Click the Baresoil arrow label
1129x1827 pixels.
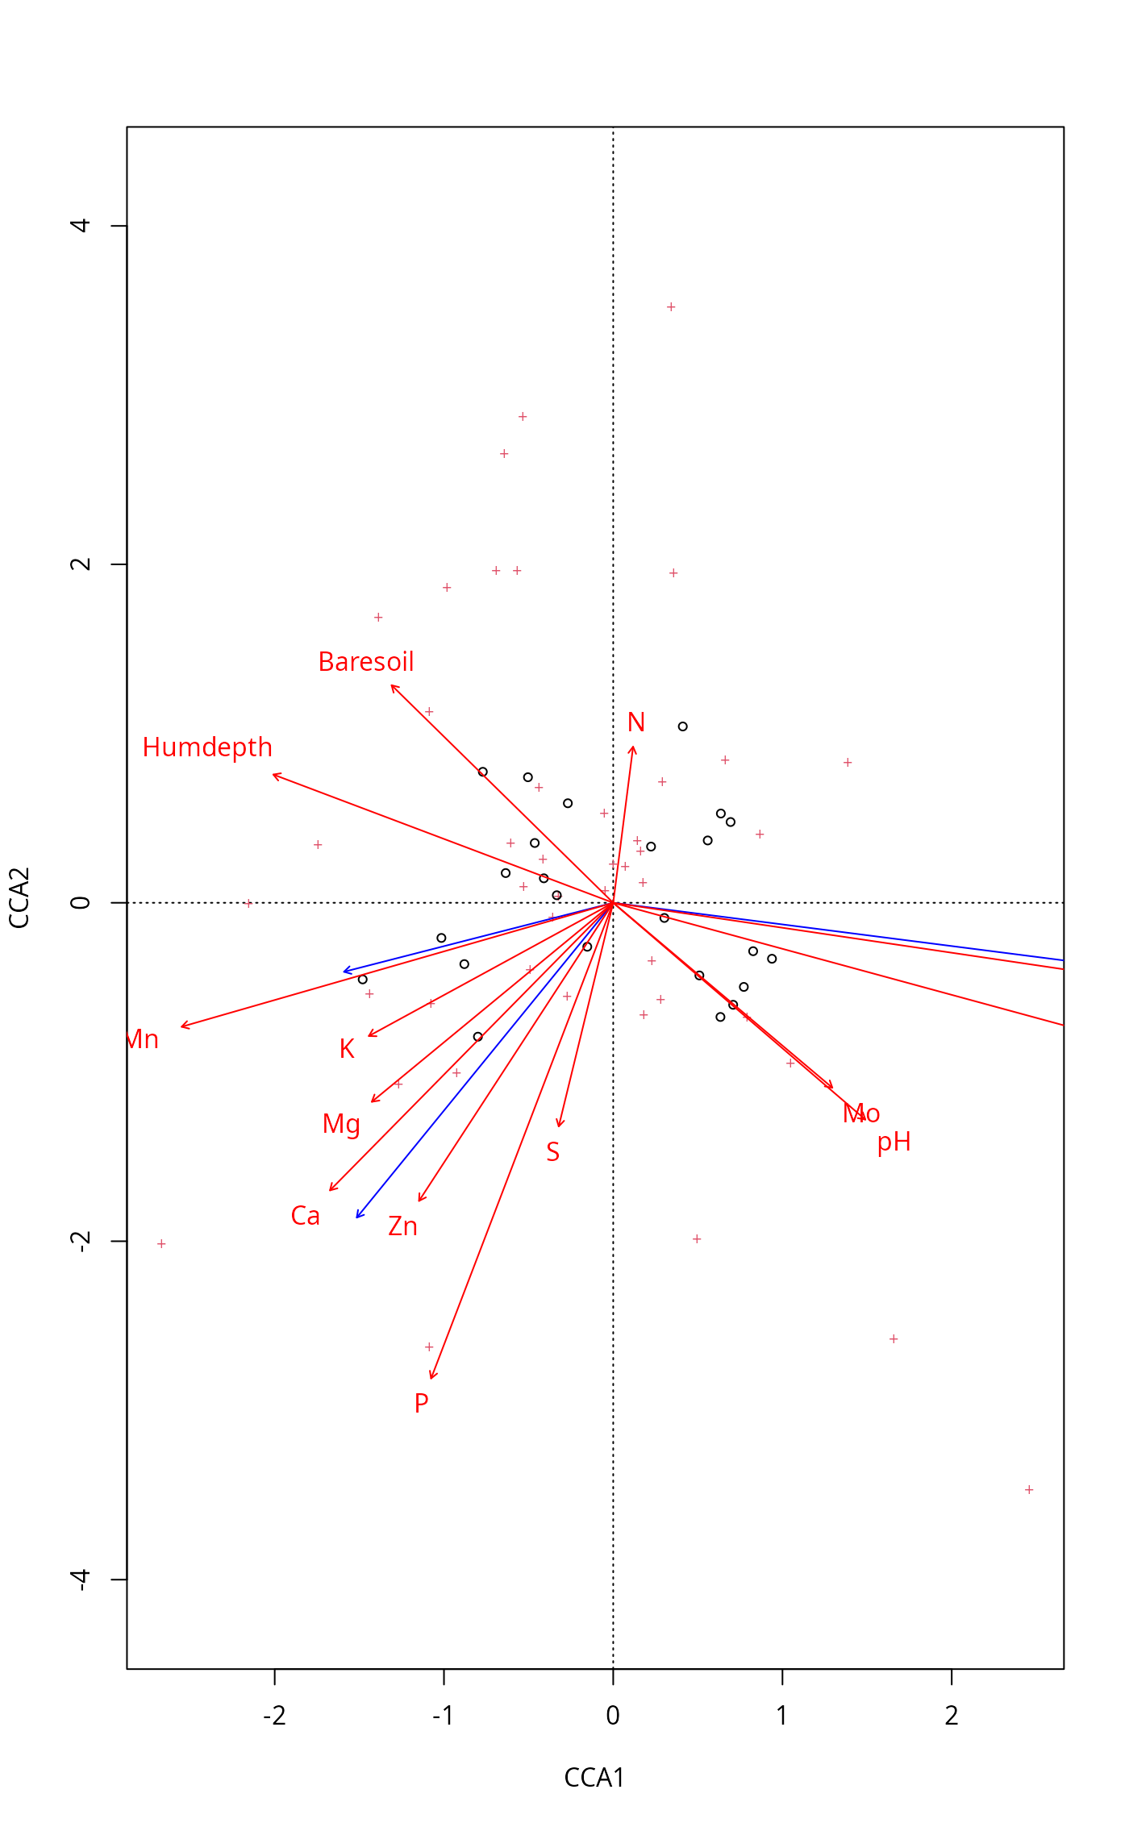366,662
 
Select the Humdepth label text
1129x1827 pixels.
207,747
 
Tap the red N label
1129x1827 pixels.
636,722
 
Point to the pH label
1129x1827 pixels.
894,1142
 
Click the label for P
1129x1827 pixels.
421,1404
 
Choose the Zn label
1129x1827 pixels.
402,1226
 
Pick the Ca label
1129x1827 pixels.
306,1216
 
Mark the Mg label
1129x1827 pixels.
341,1125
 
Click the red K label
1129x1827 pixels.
347,1049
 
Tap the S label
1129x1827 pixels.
552,1152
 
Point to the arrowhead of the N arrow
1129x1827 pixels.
634,747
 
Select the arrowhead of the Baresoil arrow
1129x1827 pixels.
392,686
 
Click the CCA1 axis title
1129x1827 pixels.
594,1778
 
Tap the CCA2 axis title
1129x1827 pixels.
19,897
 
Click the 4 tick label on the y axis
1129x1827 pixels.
81,225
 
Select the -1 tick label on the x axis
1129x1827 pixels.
443,1716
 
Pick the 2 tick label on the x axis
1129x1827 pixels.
952,1716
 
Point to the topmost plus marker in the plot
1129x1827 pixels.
671,307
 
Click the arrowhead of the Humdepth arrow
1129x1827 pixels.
274,775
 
